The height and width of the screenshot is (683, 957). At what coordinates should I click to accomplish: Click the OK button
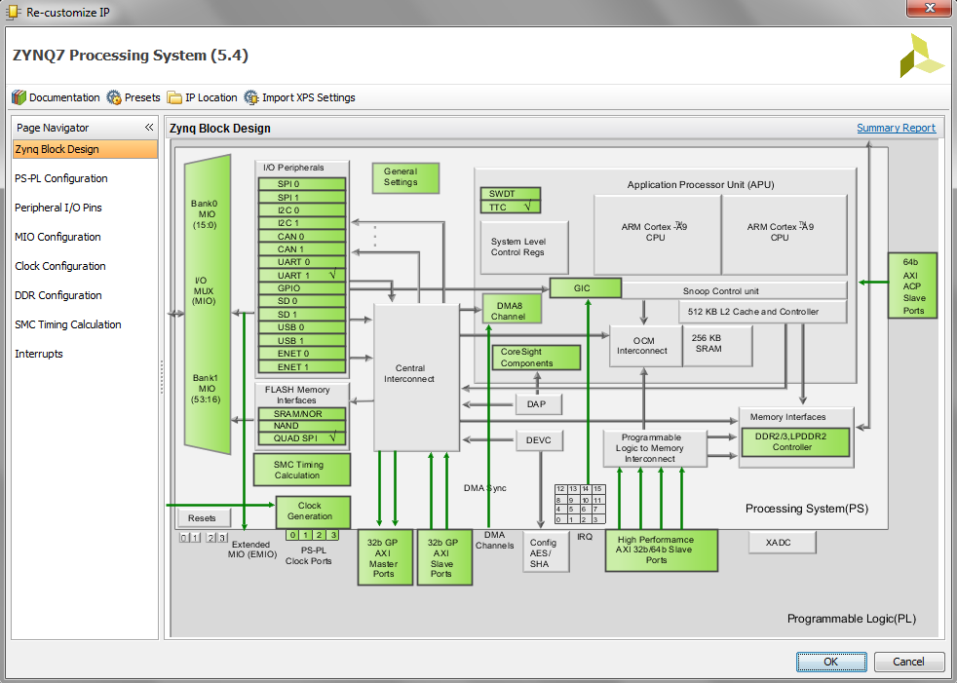pyautogui.click(x=830, y=662)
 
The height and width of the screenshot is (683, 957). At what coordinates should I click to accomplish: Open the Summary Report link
pyautogui.click(x=896, y=128)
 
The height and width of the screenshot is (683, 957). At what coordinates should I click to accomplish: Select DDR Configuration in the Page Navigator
pyautogui.click(x=57, y=295)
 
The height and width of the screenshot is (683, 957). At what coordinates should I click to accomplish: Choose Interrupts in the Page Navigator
pyautogui.click(x=38, y=354)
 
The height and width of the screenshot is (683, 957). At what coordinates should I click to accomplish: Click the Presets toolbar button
pyautogui.click(x=134, y=97)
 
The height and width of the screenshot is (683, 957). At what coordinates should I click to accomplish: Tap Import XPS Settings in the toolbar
pyautogui.click(x=300, y=97)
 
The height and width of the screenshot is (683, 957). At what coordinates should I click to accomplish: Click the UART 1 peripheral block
pyautogui.click(x=301, y=276)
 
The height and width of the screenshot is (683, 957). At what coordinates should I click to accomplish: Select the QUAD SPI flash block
pyautogui.click(x=301, y=438)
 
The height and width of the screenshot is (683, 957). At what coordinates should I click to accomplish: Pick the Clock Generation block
pyautogui.click(x=313, y=512)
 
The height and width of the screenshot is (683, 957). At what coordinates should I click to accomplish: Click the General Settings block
pyautogui.click(x=405, y=177)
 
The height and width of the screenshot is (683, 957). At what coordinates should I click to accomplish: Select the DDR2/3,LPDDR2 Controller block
pyautogui.click(x=795, y=442)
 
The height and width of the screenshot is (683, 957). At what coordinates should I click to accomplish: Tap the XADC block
pyautogui.click(x=782, y=542)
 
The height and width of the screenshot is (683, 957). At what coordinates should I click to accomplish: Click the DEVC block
pyautogui.click(x=539, y=440)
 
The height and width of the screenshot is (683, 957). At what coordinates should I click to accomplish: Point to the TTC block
pyautogui.click(x=511, y=208)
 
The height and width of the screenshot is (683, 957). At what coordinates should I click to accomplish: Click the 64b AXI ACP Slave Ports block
pyautogui.click(x=912, y=285)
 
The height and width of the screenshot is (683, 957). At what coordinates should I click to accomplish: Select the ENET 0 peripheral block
pyautogui.click(x=301, y=354)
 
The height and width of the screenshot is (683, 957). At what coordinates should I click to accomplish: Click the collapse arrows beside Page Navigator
pyautogui.click(x=149, y=127)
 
